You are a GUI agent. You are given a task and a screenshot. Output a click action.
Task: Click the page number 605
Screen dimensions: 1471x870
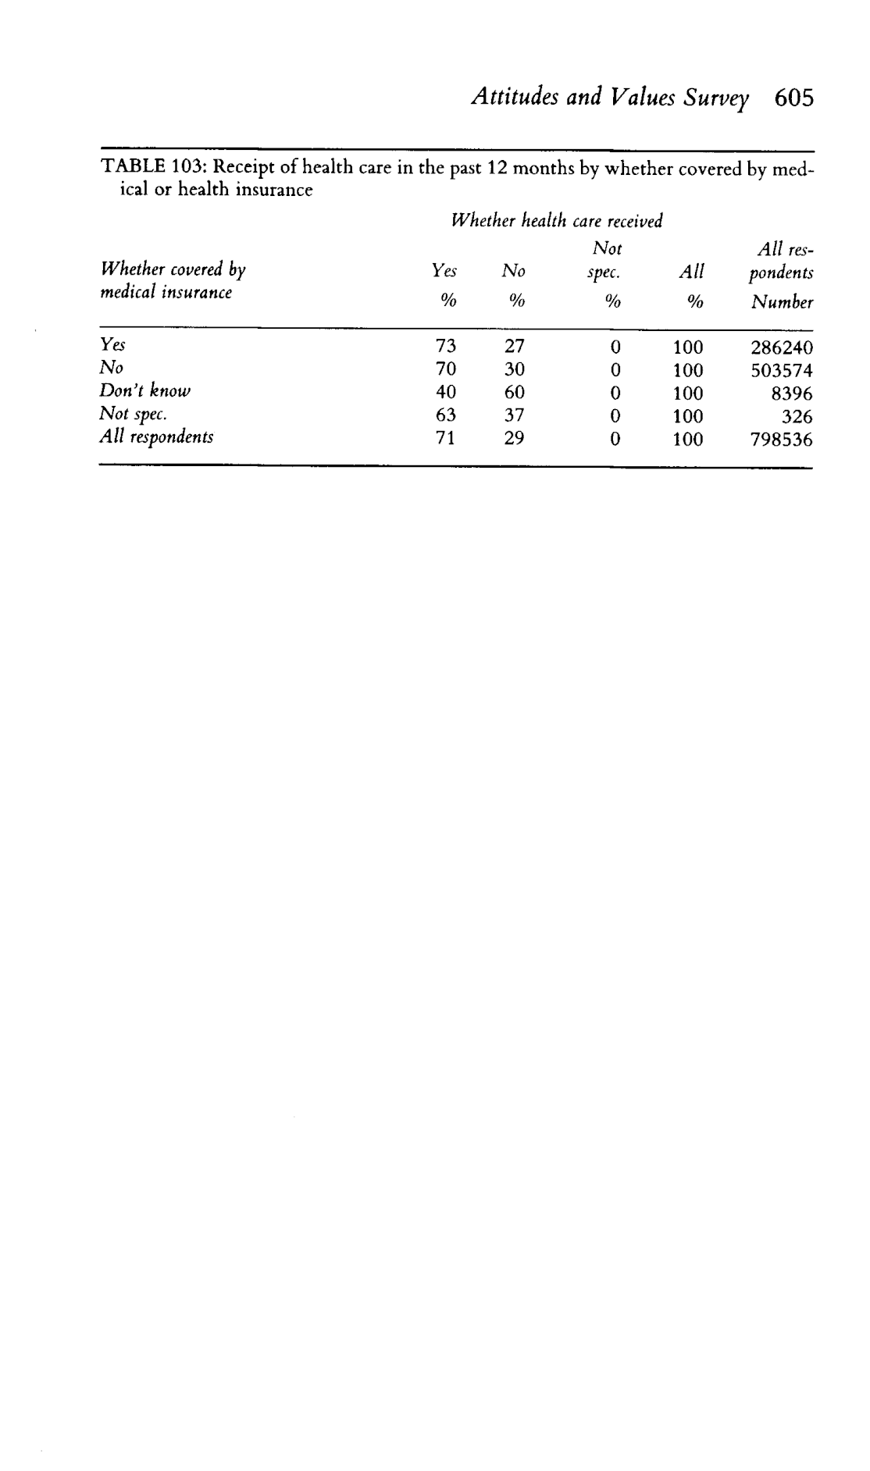tap(795, 98)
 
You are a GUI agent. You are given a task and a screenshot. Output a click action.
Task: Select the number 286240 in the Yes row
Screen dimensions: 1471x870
tap(781, 347)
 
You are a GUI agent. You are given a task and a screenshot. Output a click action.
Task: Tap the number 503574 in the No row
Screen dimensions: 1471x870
tap(781, 370)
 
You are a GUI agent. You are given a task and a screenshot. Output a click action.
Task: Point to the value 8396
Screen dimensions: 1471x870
tap(791, 394)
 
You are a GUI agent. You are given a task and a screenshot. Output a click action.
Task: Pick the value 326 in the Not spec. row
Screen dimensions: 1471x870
tap(797, 416)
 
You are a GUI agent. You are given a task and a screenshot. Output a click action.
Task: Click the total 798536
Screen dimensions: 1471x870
tap(781, 440)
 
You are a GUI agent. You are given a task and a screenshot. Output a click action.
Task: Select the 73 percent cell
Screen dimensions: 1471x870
tap(445, 347)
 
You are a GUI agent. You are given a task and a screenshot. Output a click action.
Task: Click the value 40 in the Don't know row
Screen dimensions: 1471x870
tap(445, 393)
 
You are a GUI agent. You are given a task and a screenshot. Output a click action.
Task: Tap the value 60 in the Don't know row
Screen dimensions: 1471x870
tap(514, 393)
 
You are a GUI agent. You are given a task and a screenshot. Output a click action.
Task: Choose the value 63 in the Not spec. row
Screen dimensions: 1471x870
tap(445, 415)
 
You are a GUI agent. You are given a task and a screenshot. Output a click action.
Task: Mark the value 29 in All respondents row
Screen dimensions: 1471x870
tap(514, 439)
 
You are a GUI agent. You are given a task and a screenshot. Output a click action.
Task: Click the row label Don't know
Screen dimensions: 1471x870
tap(144, 390)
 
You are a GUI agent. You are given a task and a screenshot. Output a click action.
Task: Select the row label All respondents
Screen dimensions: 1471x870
tap(156, 436)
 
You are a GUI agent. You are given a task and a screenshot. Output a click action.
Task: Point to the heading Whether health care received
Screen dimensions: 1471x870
tap(557, 221)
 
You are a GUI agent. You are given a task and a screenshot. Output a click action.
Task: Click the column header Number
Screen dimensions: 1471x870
tap(782, 302)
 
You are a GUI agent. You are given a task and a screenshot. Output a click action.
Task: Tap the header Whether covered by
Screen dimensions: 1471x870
tap(173, 270)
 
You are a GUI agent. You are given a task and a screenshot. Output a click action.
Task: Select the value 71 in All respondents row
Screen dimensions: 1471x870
tap(445, 439)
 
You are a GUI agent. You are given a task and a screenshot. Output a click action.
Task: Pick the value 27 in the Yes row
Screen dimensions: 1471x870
tap(514, 347)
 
